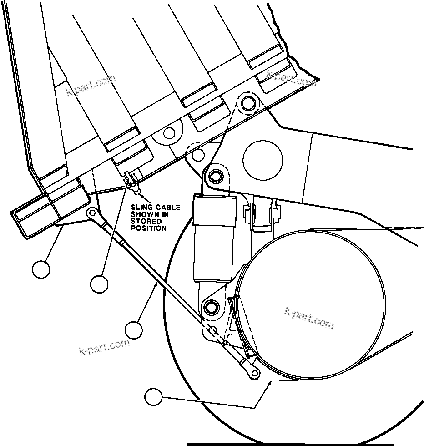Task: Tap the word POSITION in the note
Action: [148, 228]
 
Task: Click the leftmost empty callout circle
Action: [41, 269]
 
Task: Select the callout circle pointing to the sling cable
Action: [99, 284]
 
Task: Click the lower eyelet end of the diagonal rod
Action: [255, 374]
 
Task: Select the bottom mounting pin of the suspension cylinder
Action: [210, 306]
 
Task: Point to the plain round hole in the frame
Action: [262, 160]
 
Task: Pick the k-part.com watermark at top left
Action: [91, 86]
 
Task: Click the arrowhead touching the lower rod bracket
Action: [271, 384]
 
